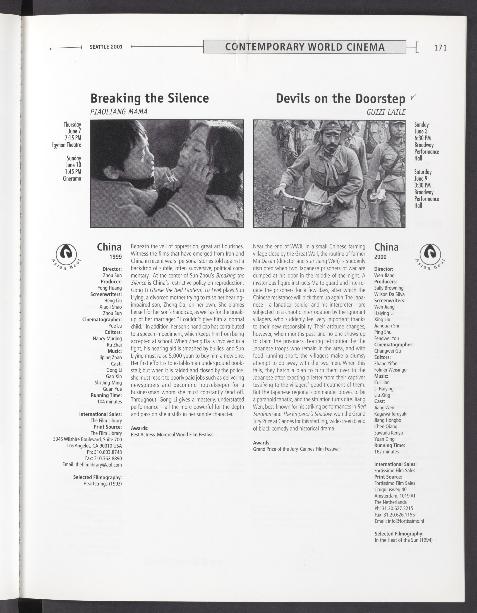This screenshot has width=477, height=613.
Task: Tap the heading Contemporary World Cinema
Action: point(305,47)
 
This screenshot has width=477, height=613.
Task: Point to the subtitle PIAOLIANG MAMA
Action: point(119,112)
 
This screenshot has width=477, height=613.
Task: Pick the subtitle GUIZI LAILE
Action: point(386,112)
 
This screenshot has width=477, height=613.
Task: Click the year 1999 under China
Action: point(116,257)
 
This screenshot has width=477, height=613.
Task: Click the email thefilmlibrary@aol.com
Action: point(92,464)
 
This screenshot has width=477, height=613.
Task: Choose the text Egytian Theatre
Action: point(66,145)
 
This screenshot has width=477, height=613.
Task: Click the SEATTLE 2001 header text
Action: point(106,47)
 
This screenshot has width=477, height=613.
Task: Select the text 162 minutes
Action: point(386,452)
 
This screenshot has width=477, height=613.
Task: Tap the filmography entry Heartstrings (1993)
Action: point(102,484)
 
